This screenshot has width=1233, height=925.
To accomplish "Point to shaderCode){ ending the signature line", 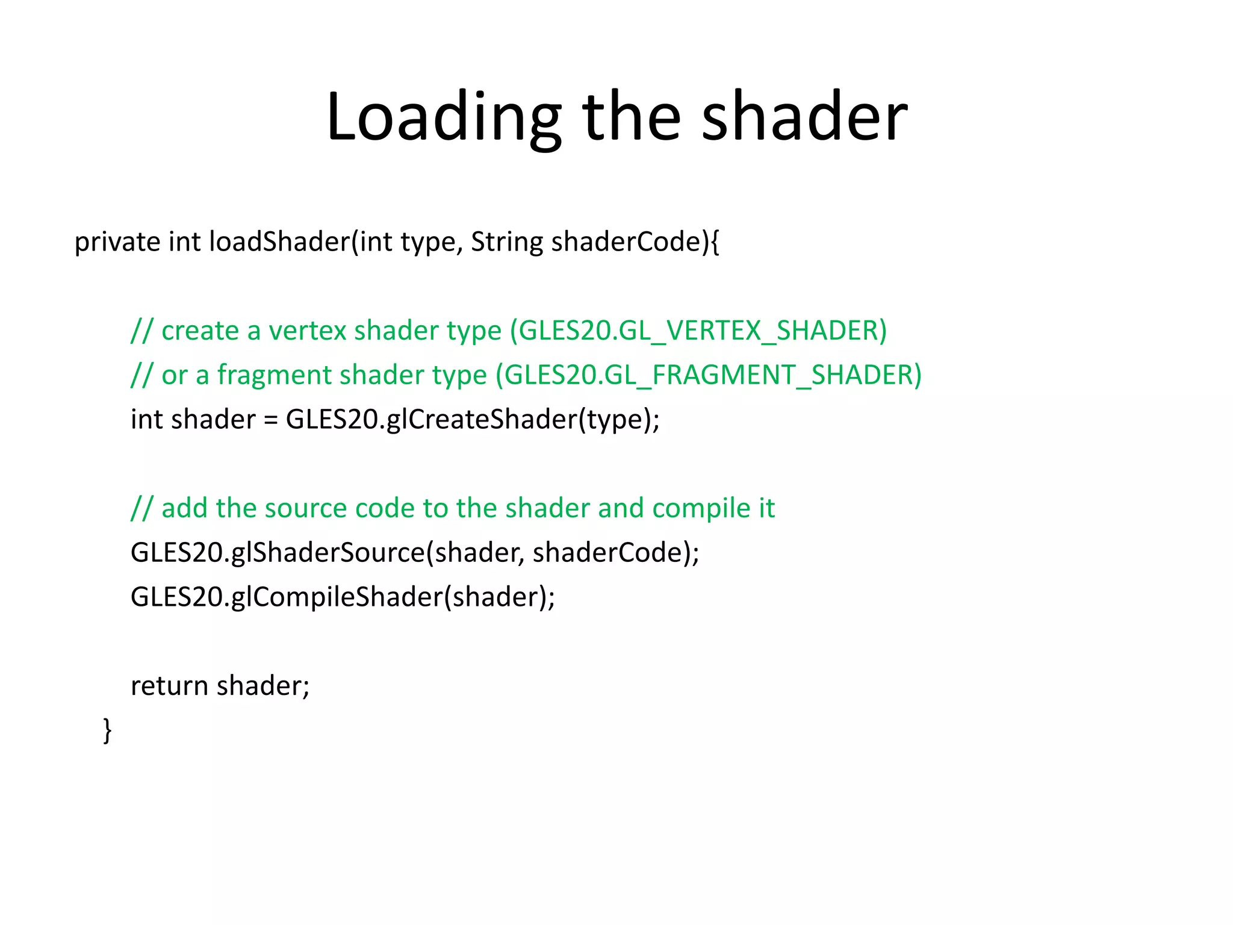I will (x=635, y=242).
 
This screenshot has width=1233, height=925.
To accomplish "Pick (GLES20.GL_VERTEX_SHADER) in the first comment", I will (x=698, y=331).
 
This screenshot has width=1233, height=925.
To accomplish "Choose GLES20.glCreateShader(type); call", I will (x=473, y=420).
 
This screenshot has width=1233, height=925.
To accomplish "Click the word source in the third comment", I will (x=306, y=508).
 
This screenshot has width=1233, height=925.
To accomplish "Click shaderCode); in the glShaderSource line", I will (x=616, y=553).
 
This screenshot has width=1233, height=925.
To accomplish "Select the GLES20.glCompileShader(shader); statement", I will (x=343, y=597).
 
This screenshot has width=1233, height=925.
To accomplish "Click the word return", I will (x=169, y=686).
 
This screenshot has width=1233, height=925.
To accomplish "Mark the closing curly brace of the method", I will (x=107, y=730).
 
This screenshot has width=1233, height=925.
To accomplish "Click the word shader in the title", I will (x=804, y=117).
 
